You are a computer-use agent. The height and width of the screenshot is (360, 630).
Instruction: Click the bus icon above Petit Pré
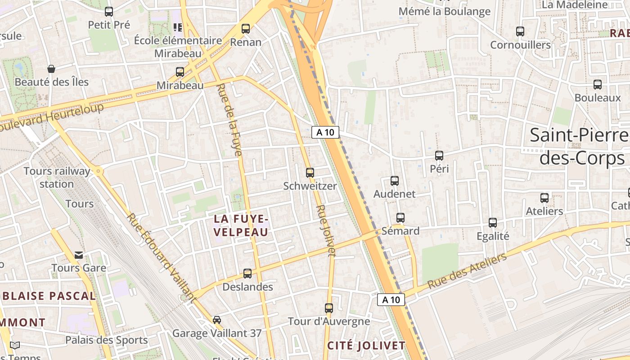point(109,12)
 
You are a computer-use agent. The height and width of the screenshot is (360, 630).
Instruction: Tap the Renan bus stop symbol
point(246,29)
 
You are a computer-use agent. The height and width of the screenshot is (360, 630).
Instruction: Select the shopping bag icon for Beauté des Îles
point(51,69)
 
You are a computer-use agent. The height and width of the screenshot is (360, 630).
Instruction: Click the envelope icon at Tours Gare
point(79,255)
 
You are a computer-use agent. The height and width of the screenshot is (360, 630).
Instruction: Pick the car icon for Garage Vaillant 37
point(217,320)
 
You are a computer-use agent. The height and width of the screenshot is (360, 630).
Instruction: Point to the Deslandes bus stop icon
point(247,273)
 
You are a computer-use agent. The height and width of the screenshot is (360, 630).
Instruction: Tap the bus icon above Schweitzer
point(310,172)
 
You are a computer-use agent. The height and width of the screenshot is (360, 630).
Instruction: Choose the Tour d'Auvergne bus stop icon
point(329,308)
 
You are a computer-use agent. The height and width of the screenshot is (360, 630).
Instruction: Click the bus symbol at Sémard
point(400,218)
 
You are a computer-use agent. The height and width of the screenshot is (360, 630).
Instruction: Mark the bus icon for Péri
point(439,156)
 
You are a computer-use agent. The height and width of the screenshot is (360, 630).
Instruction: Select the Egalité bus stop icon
point(493,223)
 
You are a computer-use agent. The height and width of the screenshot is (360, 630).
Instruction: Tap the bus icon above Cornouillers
point(520,31)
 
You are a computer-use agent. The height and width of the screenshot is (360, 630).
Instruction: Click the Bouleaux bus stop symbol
point(598,85)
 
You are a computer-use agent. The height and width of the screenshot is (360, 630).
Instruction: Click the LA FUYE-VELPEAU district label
point(241,225)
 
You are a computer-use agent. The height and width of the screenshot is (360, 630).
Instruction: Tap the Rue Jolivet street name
point(326,231)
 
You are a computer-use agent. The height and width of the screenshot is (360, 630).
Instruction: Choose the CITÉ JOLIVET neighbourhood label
point(366,346)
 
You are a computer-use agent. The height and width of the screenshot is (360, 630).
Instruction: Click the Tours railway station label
point(57,177)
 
